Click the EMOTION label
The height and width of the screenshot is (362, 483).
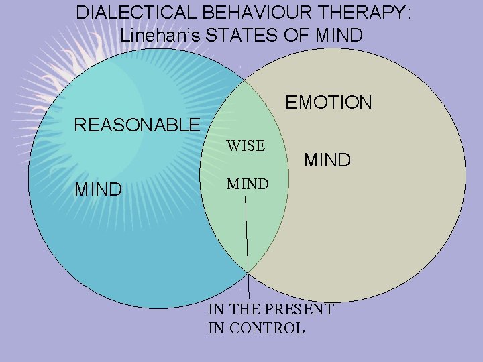(x=328, y=103)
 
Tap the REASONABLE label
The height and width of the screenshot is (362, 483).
(x=137, y=125)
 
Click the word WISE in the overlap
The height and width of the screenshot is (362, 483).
(x=246, y=145)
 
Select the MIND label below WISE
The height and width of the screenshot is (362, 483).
(x=248, y=184)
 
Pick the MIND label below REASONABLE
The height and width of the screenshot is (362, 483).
(x=98, y=190)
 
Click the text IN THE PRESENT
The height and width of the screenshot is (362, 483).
(x=271, y=310)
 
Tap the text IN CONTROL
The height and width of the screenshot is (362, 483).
(x=256, y=328)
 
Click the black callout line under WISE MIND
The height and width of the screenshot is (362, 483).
(x=247, y=241)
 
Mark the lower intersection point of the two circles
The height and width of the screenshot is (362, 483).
(x=248, y=272)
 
